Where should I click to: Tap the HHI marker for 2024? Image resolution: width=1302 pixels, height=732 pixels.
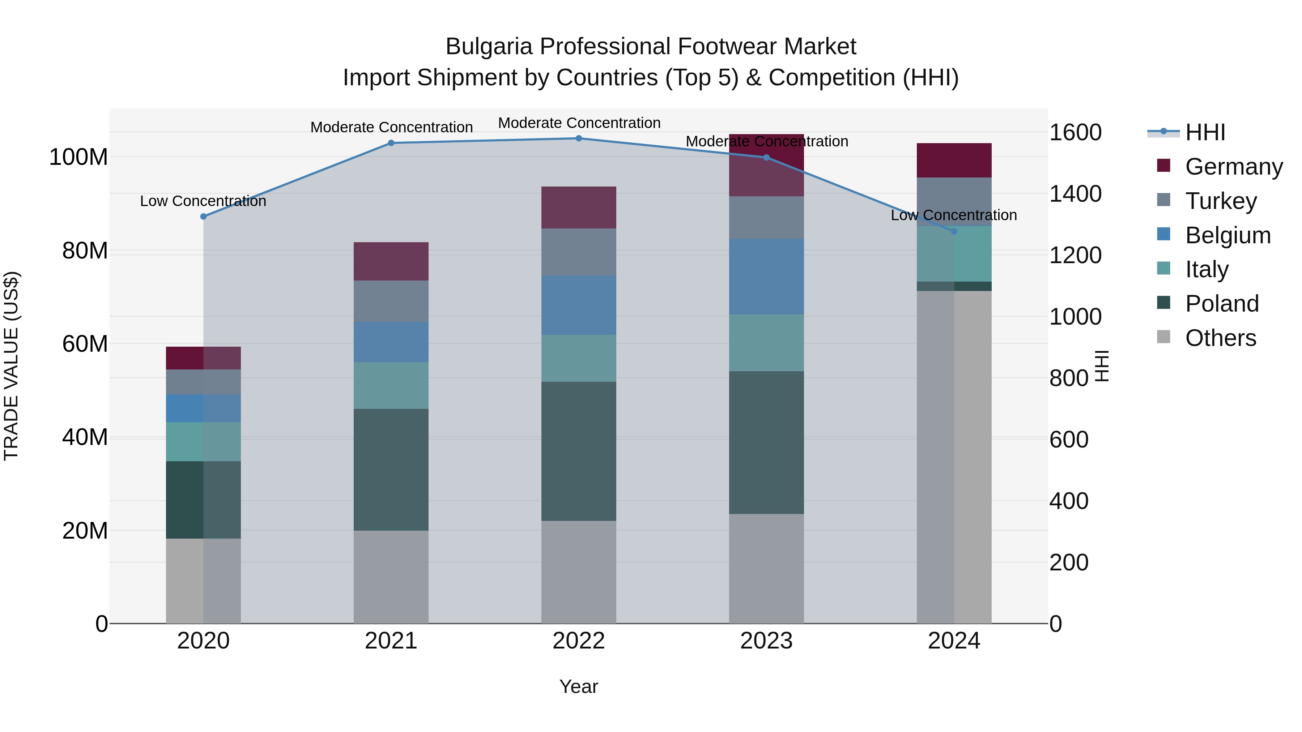pyautogui.click(x=954, y=231)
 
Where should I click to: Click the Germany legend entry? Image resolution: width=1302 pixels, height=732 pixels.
pyautogui.click(x=1233, y=167)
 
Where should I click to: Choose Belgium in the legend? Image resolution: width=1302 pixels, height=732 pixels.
pyautogui.click(x=1227, y=235)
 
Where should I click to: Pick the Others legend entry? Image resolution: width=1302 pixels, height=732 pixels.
pyautogui.click(x=1220, y=338)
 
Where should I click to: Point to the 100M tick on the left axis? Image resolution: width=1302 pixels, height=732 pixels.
pyautogui.click(x=78, y=157)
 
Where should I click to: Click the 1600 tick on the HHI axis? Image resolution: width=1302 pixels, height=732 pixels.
pyautogui.click(x=1075, y=132)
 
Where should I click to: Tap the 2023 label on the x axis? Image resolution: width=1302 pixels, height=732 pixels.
pyautogui.click(x=766, y=641)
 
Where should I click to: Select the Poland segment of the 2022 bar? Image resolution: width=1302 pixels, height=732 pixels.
pyautogui.click(x=579, y=451)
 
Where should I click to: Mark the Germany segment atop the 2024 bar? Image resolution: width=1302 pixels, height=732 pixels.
pyautogui.click(x=954, y=160)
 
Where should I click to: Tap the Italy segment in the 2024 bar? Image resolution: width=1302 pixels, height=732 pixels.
pyautogui.click(x=954, y=254)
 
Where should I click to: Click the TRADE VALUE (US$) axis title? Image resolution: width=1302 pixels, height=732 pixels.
pyautogui.click(x=11, y=366)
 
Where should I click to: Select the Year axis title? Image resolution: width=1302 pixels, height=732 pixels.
pyautogui.click(x=579, y=686)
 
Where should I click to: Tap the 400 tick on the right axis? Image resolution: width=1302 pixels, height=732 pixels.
pyautogui.click(x=1068, y=501)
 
